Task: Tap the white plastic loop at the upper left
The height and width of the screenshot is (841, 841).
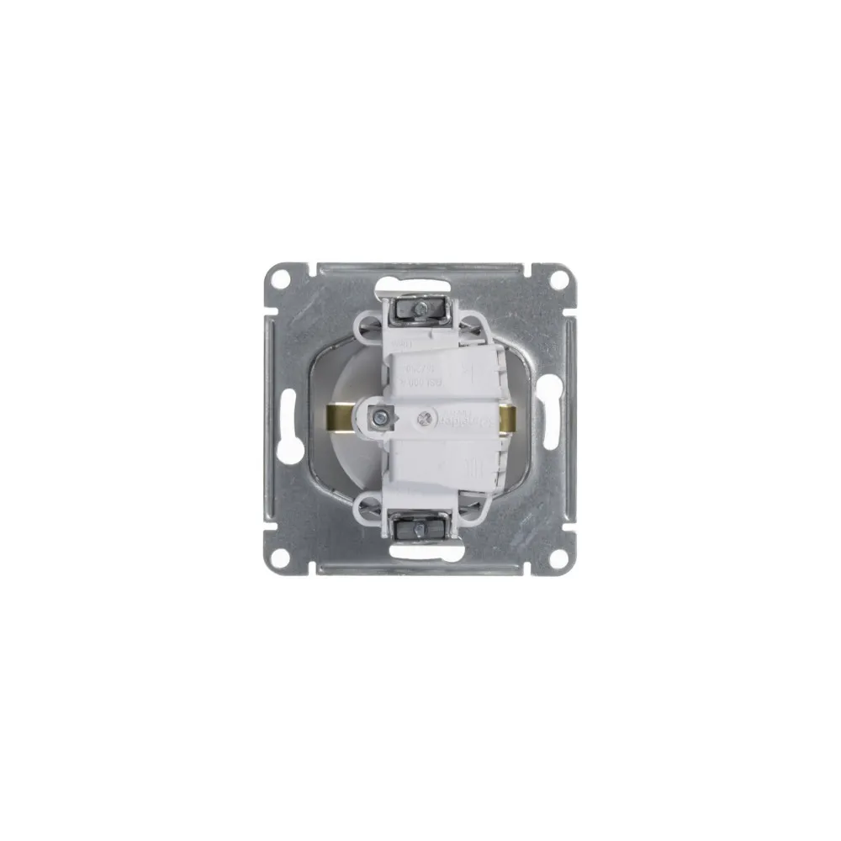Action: click(x=370, y=329)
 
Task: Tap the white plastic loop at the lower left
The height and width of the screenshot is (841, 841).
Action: click(x=370, y=507)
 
